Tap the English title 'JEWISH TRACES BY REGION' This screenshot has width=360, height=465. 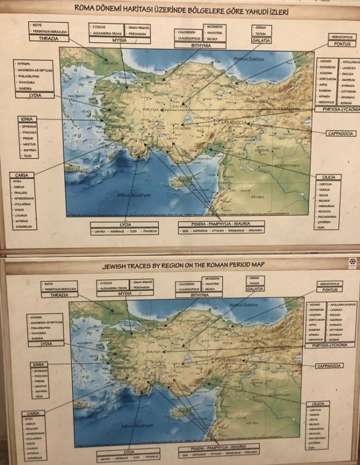[x=183, y=265]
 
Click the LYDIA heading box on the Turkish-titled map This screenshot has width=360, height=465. [x=34, y=95]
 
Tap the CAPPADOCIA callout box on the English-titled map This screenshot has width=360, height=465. [x=329, y=366]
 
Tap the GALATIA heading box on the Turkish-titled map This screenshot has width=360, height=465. [x=258, y=40]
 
